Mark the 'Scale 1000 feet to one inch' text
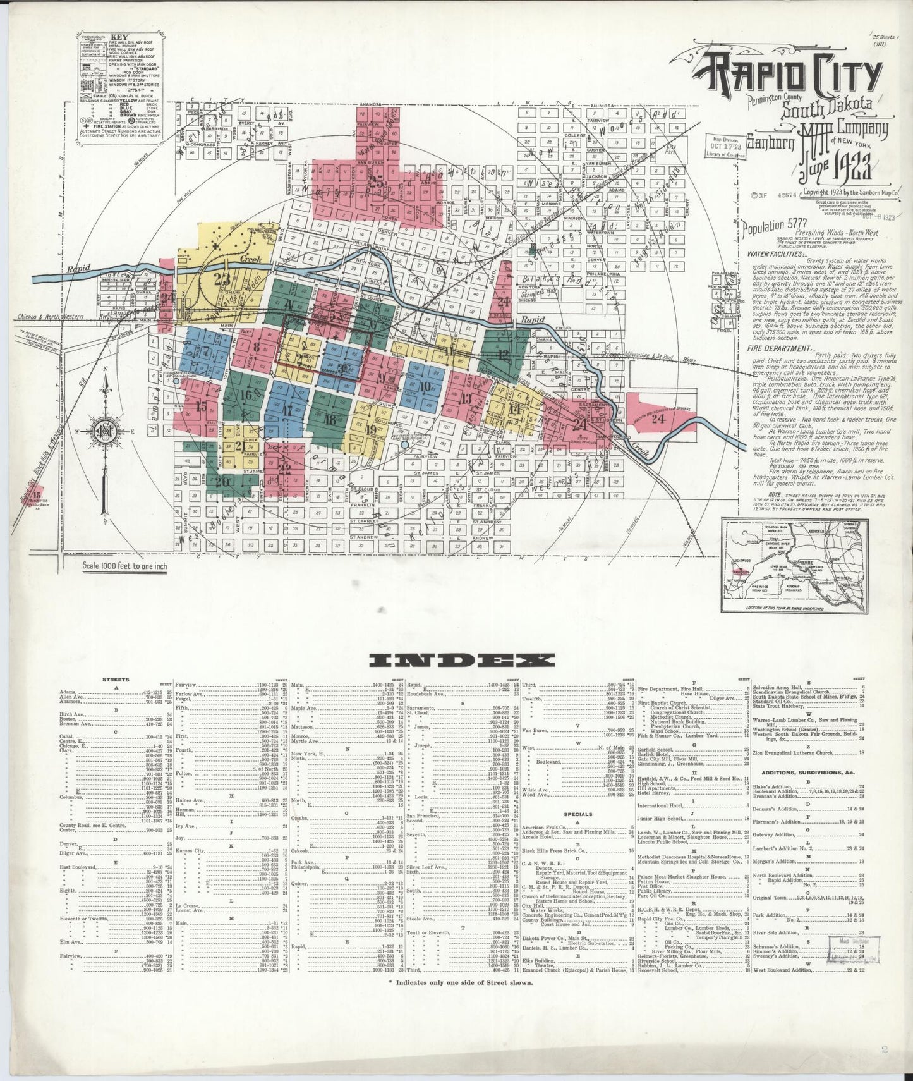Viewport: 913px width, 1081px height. point(125,566)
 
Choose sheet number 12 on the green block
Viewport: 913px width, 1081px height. point(504,355)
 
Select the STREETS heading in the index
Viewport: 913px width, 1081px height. point(116,680)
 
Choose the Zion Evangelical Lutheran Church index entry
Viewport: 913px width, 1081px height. point(802,752)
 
